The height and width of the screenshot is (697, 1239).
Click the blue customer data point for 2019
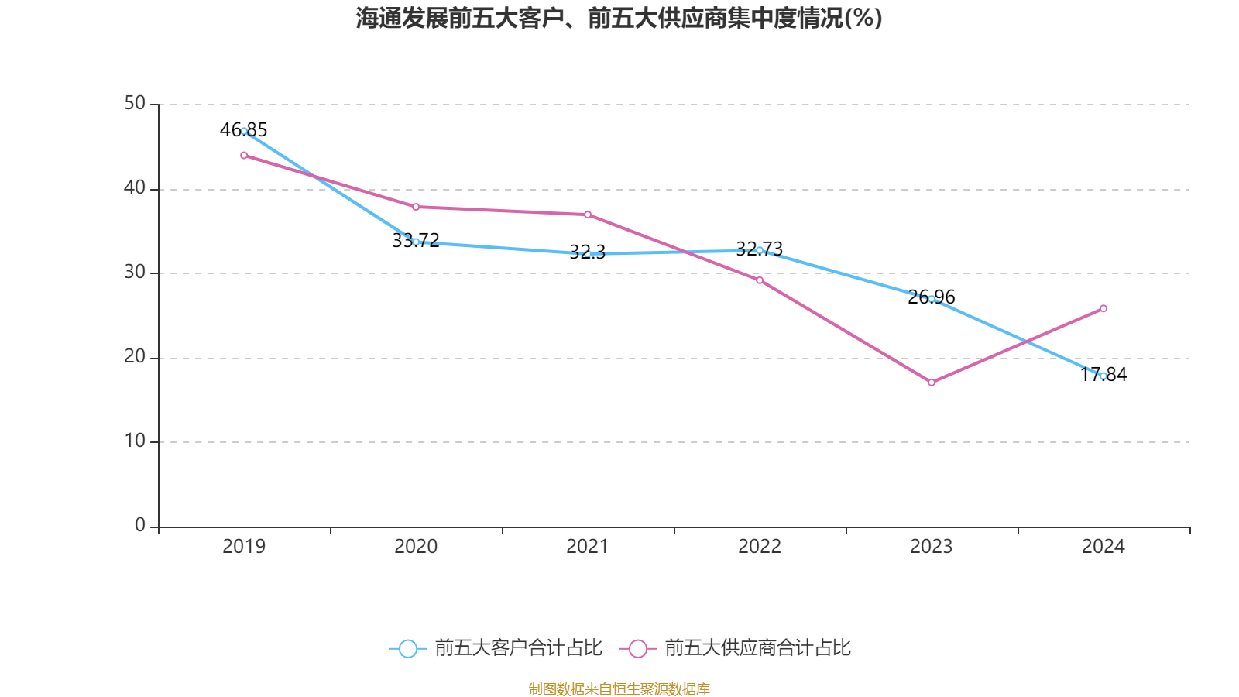click(244, 131)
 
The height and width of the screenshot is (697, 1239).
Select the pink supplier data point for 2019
click(244, 156)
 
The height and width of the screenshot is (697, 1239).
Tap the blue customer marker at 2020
click(416, 242)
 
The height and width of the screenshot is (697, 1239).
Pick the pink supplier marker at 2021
click(588, 215)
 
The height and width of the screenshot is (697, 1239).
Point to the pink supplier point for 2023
click(932, 383)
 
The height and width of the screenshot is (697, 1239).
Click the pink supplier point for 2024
click(1103, 308)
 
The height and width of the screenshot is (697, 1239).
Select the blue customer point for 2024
click(1103, 376)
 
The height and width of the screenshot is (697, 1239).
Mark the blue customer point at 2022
click(760, 250)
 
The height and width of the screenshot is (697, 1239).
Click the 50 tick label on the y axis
click(135, 104)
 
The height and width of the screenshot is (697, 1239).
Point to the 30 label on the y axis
click(135, 273)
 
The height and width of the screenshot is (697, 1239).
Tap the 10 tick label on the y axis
click(135, 441)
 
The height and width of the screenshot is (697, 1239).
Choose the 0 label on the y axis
click(140, 526)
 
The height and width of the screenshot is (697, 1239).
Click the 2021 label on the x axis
click(588, 547)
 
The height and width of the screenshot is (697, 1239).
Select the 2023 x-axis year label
click(932, 547)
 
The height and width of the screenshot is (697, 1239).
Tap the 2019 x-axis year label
click(244, 547)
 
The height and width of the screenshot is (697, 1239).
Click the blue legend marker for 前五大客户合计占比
click(407, 649)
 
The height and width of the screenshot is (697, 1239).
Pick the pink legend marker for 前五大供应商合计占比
click(638, 649)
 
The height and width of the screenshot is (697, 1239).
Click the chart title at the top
click(619, 18)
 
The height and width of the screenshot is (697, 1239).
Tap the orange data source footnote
click(619, 688)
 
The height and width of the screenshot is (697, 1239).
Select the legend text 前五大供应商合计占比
click(757, 648)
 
